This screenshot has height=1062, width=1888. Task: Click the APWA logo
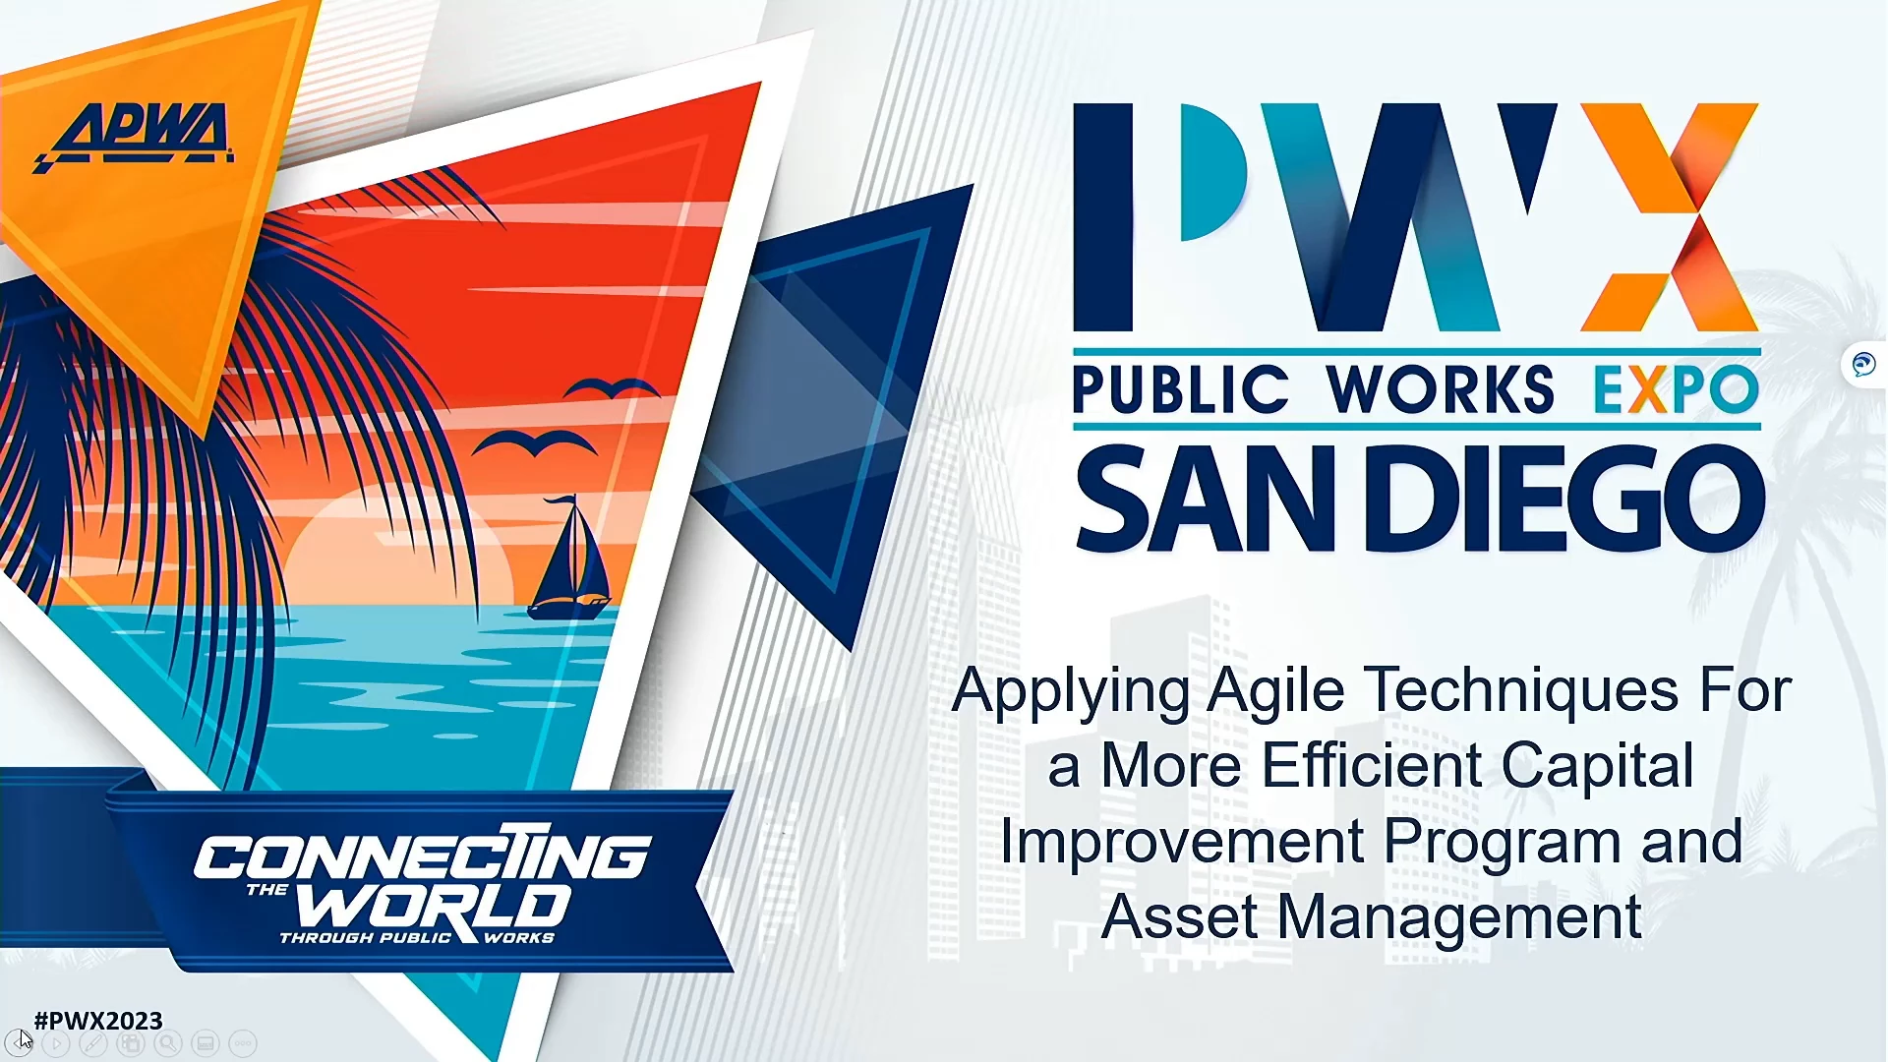point(135,137)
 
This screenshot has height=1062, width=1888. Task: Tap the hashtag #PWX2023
point(98,1021)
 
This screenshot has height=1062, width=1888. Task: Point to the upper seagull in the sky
point(613,387)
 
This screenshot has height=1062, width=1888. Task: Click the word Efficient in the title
point(1372,765)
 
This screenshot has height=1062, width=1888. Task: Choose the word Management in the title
point(1459,917)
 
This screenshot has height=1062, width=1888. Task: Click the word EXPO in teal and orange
point(1676,389)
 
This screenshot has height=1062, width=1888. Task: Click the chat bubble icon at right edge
point(1863,365)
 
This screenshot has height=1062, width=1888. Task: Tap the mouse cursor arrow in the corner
point(26,1039)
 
